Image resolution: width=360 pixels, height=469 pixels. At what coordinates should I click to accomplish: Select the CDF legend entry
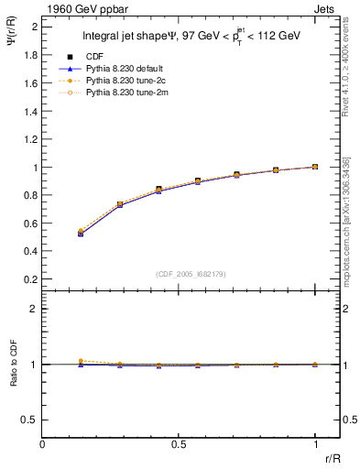coord(95,57)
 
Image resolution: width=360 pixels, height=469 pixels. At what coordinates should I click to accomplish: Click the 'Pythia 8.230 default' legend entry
coord(125,69)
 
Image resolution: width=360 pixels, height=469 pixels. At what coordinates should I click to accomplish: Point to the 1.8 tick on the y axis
coord(31,55)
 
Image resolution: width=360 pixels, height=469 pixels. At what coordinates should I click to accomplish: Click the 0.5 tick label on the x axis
coord(179,444)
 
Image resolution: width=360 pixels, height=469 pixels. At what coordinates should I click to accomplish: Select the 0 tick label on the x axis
coord(43,444)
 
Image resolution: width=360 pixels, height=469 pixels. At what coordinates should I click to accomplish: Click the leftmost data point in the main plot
coord(82,234)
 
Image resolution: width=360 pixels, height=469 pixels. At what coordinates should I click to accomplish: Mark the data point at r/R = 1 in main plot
coord(315,167)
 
